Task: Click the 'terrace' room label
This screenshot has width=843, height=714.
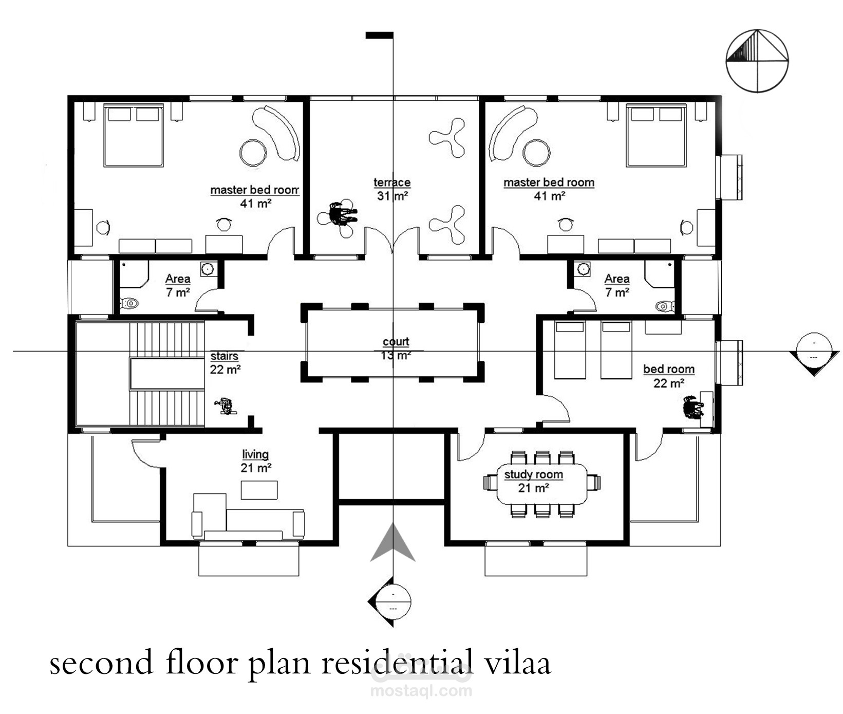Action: pyautogui.click(x=392, y=182)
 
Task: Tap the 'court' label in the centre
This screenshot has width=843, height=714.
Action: pyautogui.click(x=396, y=342)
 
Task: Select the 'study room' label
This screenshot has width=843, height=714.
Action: pyautogui.click(x=533, y=474)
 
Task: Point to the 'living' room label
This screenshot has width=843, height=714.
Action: pyautogui.click(x=255, y=455)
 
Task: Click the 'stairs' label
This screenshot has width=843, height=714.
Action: pyautogui.click(x=224, y=356)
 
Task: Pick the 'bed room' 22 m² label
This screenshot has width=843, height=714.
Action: pyautogui.click(x=669, y=369)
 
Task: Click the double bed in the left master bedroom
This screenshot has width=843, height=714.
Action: pyautogui.click(x=134, y=136)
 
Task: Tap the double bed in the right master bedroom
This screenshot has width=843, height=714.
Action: pyautogui.click(x=657, y=136)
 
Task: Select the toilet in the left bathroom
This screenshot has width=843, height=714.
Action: pyautogui.click(x=129, y=303)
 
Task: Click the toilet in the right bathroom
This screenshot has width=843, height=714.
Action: pyautogui.click(x=665, y=306)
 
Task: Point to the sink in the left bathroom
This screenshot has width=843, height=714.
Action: pyautogui.click(x=208, y=269)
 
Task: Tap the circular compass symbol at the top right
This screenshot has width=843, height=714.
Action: pyautogui.click(x=757, y=61)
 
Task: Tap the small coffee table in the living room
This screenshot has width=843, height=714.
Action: pyautogui.click(x=259, y=490)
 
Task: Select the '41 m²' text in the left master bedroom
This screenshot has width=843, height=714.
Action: pyautogui.click(x=256, y=204)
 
